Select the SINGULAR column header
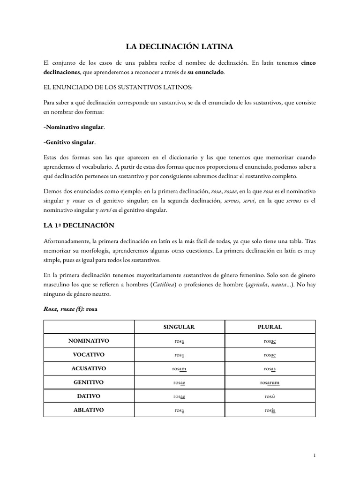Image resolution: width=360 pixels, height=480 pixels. tap(180, 327)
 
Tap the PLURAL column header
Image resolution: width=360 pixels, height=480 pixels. tap(270, 327)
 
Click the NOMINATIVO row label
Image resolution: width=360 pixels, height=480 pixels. tap(89, 341)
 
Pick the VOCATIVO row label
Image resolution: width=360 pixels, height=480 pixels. tap(89, 354)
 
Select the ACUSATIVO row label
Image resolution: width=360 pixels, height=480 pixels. tap(89, 368)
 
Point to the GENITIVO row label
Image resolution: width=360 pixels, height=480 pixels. tap(89, 382)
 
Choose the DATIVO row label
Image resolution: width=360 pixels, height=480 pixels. tap(89, 396)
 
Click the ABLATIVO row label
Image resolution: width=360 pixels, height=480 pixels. tap(89, 410)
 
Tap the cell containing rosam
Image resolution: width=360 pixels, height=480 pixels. tap(180, 368)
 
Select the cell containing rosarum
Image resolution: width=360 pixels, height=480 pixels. tap(270, 382)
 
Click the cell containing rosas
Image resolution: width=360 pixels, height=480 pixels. tap(270, 368)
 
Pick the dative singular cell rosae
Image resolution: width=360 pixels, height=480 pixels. tap(180, 396)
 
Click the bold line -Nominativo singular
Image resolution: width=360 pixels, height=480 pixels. tap(74, 127)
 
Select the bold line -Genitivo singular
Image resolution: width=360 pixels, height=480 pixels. tap(69, 142)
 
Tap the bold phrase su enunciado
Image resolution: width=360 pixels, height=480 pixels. tap(206, 72)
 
